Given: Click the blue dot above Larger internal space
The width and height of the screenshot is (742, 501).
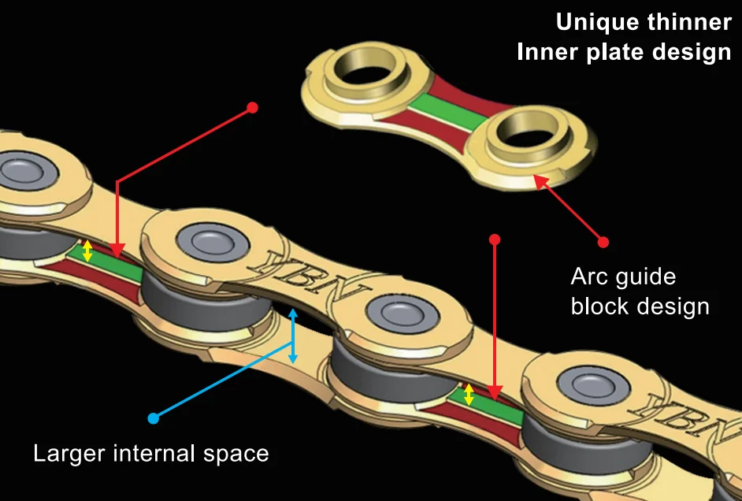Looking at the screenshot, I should pyautogui.click(x=153, y=418).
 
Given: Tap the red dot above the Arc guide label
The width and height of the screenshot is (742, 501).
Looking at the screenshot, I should pyautogui.click(x=603, y=241).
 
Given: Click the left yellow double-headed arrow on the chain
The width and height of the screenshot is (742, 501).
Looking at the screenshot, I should pyautogui.click(x=87, y=251).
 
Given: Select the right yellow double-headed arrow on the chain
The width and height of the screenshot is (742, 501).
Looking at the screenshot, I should pyautogui.click(x=469, y=395).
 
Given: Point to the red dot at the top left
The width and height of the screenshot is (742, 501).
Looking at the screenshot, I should pyautogui.click(x=252, y=107).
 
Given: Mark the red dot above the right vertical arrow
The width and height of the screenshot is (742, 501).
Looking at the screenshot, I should pyautogui.click(x=495, y=239).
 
